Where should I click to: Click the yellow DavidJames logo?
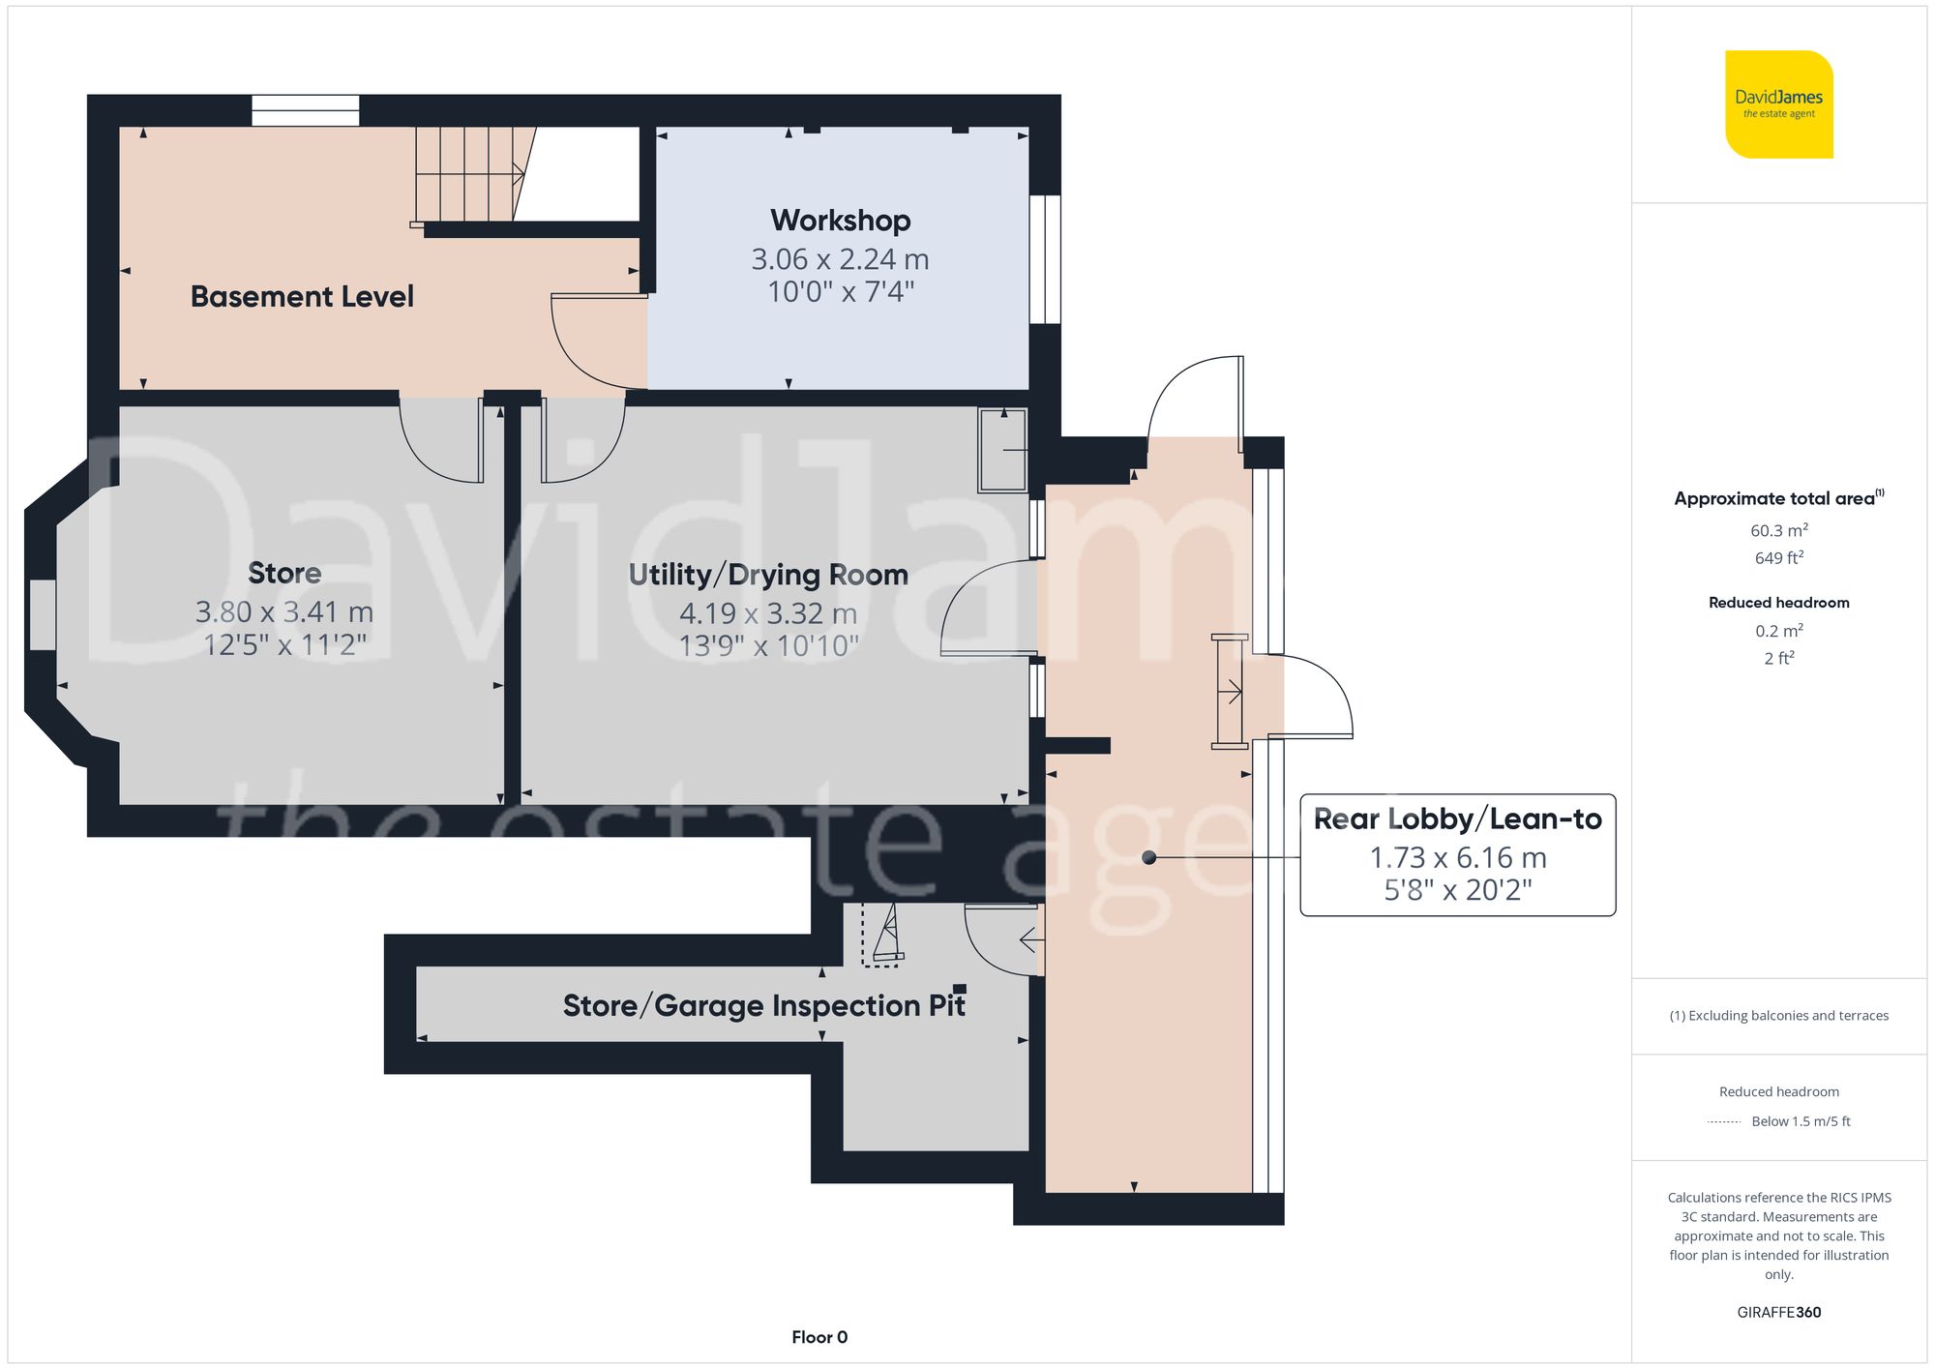[1778, 104]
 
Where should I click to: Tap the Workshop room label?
[840, 221]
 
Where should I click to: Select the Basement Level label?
[302, 296]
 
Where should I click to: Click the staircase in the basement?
[470, 174]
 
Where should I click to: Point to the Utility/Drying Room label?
[768, 575]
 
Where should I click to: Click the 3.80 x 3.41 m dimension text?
[283, 612]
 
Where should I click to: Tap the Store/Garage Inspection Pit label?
[763, 1006]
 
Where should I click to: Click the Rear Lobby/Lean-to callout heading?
[1457, 819]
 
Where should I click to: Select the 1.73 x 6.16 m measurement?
[1457, 857]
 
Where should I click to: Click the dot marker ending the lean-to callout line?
[1148, 857]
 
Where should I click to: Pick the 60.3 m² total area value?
[1778, 530]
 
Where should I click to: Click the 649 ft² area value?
[1778, 558]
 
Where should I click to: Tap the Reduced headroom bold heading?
[1778, 603]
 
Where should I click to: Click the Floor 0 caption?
[819, 1337]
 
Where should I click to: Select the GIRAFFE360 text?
[1778, 1312]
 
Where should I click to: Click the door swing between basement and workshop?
[590, 343]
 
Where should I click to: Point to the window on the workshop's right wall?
[1045, 259]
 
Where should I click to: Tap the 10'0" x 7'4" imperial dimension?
[840, 291]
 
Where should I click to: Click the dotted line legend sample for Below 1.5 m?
[1724, 1122]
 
